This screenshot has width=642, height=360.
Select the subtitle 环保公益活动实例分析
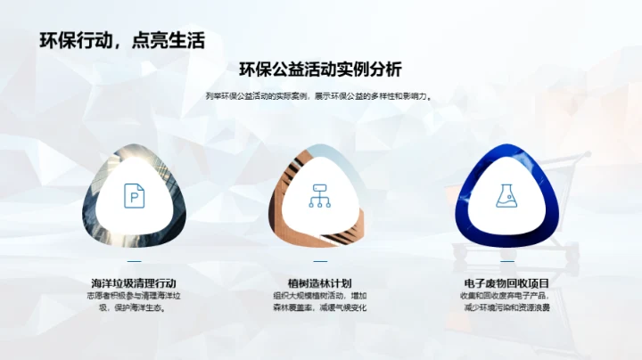(x=320, y=70)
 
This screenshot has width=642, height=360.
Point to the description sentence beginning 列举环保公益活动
(x=320, y=96)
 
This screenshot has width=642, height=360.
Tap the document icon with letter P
(x=135, y=196)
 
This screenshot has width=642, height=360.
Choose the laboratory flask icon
(x=506, y=196)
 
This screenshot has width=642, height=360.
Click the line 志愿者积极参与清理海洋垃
(x=134, y=296)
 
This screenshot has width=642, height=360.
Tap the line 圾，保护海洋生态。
(x=134, y=308)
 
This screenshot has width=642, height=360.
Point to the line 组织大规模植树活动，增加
(x=320, y=296)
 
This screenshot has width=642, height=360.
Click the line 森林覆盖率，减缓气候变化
(x=320, y=308)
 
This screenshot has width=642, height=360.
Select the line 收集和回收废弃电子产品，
(x=506, y=296)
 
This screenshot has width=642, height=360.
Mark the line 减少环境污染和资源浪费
(x=506, y=308)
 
